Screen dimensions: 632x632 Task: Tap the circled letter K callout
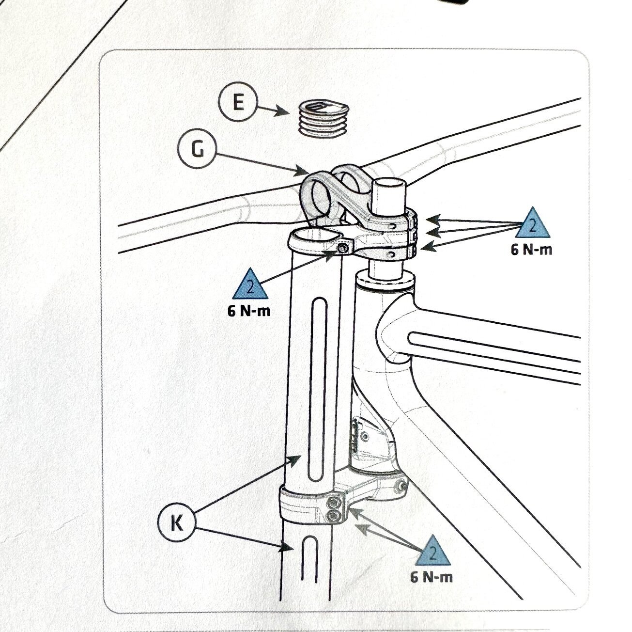177,522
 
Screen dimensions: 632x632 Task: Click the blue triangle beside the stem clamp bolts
532,224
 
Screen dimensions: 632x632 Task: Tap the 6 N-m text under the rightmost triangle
531,250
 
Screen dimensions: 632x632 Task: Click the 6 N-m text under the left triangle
249,311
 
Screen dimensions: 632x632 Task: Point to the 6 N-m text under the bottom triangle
432,577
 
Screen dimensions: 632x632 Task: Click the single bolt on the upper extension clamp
343,249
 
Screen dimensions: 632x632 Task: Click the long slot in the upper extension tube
318,389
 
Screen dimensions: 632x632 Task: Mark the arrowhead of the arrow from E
283,112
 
